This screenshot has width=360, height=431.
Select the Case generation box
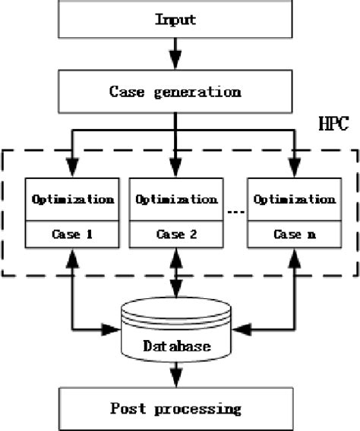(x=176, y=92)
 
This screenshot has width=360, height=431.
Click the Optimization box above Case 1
(x=73, y=200)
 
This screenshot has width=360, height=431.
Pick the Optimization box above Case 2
(x=176, y=200)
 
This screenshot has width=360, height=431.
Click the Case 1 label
(x=73, y=234)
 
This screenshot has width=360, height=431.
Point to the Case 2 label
(x=176, y=234)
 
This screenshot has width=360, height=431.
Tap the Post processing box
(x=176, y=408)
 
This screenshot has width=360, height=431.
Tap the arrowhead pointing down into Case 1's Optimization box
(x=73, y=168)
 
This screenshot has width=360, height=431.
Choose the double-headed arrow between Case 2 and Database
(x=176, y=273)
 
